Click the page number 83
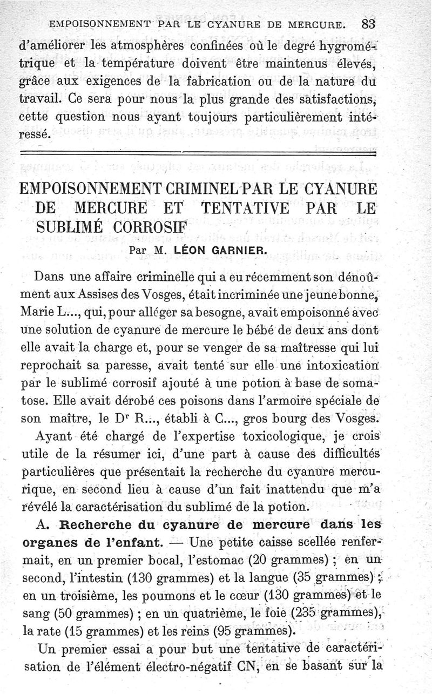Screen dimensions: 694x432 coord(369,24)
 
